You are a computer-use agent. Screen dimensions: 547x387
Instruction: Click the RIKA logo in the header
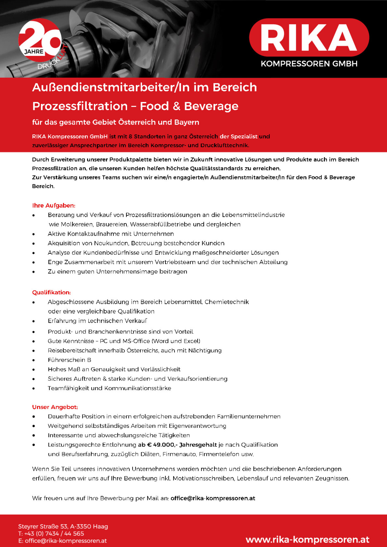point(309,37)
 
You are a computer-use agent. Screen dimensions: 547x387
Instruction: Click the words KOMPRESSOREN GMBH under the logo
point(309,64)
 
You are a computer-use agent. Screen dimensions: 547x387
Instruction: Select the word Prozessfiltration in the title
point(80,106)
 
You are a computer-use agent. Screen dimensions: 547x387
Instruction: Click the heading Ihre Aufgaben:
point(54,206)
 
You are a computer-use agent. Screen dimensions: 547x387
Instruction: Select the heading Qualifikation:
point(51,292)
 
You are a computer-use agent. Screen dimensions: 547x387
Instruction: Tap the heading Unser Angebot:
point(55,407)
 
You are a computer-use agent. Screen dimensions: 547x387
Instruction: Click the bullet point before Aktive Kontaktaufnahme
point(34,234)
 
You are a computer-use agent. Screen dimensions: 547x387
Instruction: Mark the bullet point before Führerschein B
point(34,360)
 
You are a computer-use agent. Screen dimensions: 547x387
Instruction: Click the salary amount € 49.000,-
point(162,445)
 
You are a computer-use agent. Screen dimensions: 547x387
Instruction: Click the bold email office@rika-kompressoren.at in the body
point(213,498)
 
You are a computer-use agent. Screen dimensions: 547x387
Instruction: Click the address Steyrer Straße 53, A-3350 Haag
point(63,526)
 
